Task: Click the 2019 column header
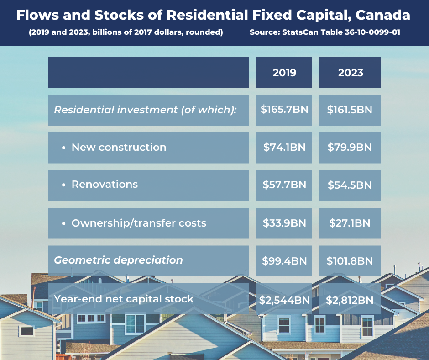tap(284, 73)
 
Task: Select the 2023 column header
tap(350, 73)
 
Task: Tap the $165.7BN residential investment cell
tap(284, 110)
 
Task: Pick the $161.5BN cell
tap(350, 110)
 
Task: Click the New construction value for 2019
tap(284, 148)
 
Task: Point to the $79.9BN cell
tap(350, 148)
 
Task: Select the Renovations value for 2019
tap(284, 185)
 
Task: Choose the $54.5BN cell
tap(350, 185)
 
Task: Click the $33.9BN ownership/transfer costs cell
tap(284, 223)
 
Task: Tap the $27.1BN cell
tap(350, 223)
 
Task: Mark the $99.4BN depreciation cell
tap(284, 261)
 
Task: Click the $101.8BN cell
tap(350, 261)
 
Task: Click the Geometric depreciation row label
tap(118, 260)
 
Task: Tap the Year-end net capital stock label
tap(124, 299)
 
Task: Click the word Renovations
tap(105, 185)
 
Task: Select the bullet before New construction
tap(64, 148)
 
